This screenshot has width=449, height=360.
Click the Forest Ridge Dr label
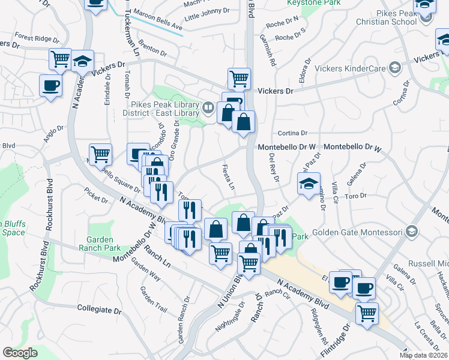(x=34, y=39)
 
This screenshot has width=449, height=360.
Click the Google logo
(x=20, y=353)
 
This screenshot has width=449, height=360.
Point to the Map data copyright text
(x=423, y=355)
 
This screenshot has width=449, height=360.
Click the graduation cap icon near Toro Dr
(x=309, y=184)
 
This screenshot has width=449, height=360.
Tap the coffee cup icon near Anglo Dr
(x=50, y=85)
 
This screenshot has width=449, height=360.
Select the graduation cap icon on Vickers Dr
(x=83, y=61)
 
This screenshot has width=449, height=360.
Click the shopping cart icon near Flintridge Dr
(x=367, y=313)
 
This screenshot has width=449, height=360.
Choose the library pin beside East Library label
(x=208, y=108)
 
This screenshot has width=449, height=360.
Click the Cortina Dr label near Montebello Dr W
(x=292, y=133)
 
